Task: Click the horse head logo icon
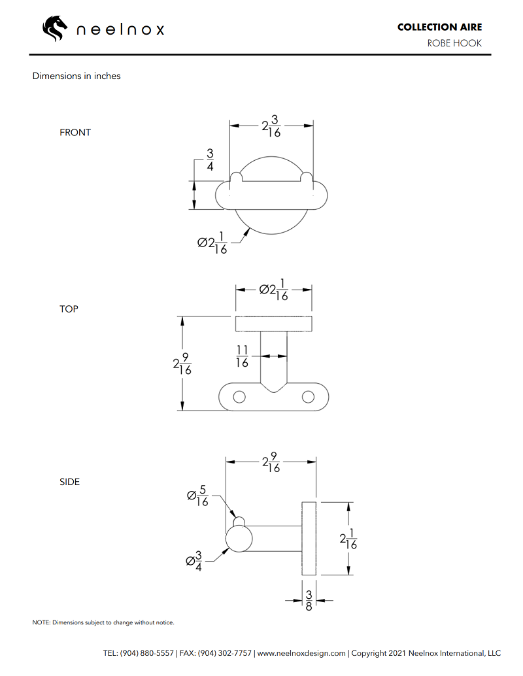[x=55, y=29]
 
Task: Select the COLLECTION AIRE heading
[x=439, y=27]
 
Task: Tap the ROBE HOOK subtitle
[x=454, y=43]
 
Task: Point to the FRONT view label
[x=75, y=132]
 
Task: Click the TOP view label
[x=69, y=309]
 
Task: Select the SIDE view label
[x=69, y=482]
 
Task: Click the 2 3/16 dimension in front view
[x=271, y=126]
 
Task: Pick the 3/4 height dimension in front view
[x=210, y=160]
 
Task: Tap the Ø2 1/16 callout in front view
[x=212, y=243]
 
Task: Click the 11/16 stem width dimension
[x=242, y=356]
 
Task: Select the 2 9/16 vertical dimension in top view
[x=178, y=365]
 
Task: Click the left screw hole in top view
[x=240, y=397]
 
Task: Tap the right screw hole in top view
[x=307, y=397]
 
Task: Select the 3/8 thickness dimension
[x=309, y=600]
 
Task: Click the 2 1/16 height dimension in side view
[x=348, y=539]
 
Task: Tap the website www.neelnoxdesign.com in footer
[x=301, y=652]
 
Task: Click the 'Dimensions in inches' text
[x=76, y=76]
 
